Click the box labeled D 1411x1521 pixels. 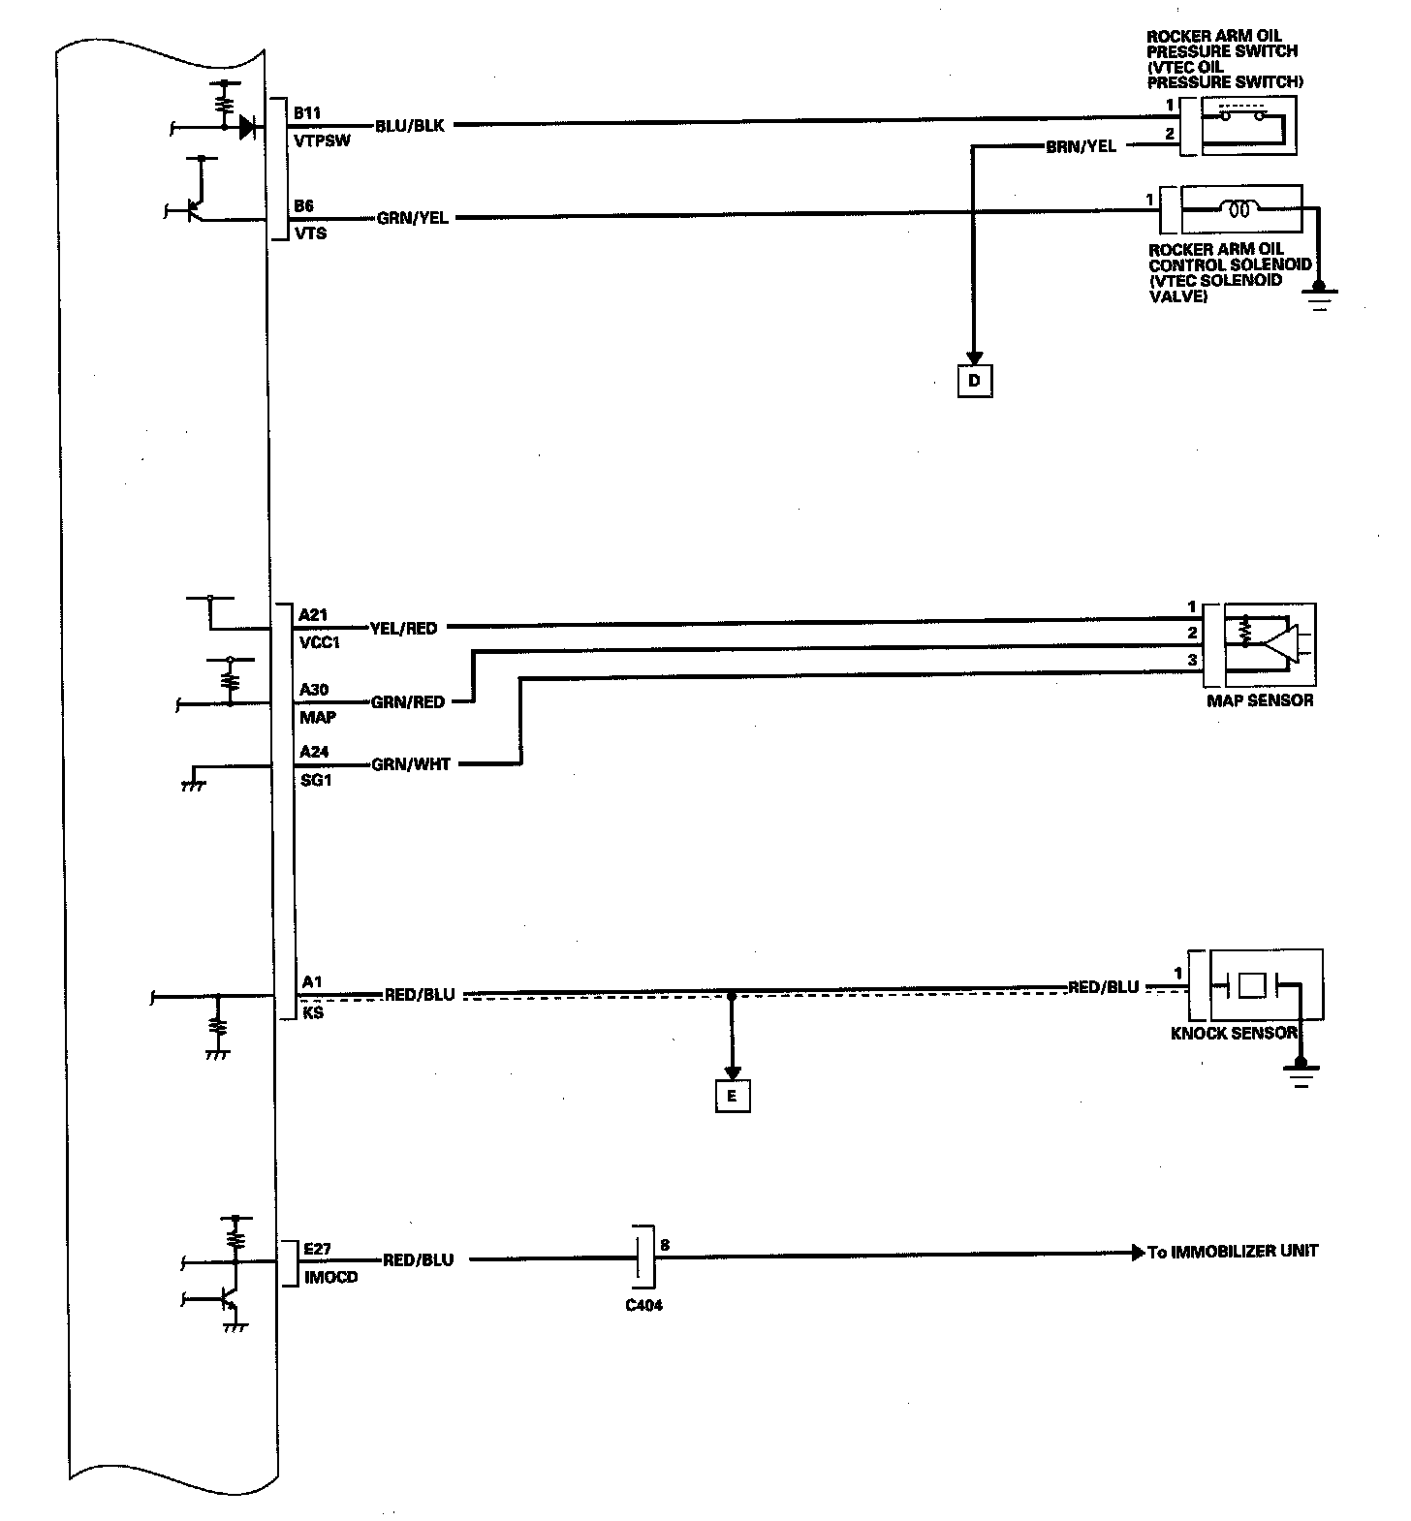[974, 381]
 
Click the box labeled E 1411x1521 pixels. [732, 1096]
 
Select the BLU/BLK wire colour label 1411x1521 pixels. [409, 126]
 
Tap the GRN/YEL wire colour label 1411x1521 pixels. [413, 218]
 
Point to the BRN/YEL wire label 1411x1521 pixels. [1081, 147]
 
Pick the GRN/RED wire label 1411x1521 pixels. [408, 701]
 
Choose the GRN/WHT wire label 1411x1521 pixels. [411, 764]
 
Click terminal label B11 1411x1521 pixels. [309, 113]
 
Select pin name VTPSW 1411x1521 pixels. [322, 140]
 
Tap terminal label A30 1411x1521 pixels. [314, 690]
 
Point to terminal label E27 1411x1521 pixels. [317, 1250]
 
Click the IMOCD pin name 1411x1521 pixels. [329, 1277]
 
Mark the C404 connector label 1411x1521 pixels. [644, 1305]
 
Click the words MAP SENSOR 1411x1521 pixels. [1260, 699]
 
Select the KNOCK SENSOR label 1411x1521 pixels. [1234, 1033]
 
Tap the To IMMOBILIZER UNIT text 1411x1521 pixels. [1233, 1251]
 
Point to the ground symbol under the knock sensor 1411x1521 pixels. [1300, 1073]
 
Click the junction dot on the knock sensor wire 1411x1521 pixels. [732, 994]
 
